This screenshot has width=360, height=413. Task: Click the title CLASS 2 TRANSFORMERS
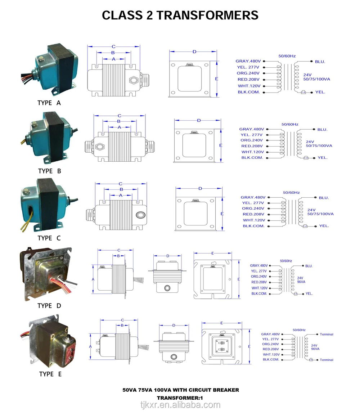pyautogui.click(x=180, y=15)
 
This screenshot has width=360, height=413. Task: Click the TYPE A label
pyautogui.click(x=49, y=103)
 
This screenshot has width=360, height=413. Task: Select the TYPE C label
pyautogui.click(x=49, y=238)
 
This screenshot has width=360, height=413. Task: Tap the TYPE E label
pyautogui.click(x=50, y=374)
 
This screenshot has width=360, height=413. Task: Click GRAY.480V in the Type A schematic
pyautogui.click(x=248, y=61)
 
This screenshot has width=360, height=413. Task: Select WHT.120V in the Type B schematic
pyautogui.click(x=252, y=152)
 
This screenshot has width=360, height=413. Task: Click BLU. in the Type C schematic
pyautogui.click(x=324, y=198)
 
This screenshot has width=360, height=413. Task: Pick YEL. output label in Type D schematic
pyautogui.click(x=309, y=294)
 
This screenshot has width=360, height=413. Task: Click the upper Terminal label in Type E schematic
pyautogui.click(x=327, y=334)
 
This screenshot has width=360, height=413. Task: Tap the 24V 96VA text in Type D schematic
pyautogui.click(x=301, y=280)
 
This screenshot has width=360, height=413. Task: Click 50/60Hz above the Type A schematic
pyautogui.click(x=287, y=56)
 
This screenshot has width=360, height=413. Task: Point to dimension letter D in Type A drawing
pyautogui.click(x=194, y=52)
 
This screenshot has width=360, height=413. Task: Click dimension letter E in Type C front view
pyautogui.click(x=222, y=214)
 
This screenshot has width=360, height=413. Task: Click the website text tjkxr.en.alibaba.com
pyautogui.click(x=180, y=405)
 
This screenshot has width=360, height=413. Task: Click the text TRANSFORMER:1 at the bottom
pyautogui.click(x=180, y=398)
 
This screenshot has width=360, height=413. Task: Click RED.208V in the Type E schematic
pyautogui.click(x=271, y=349)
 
